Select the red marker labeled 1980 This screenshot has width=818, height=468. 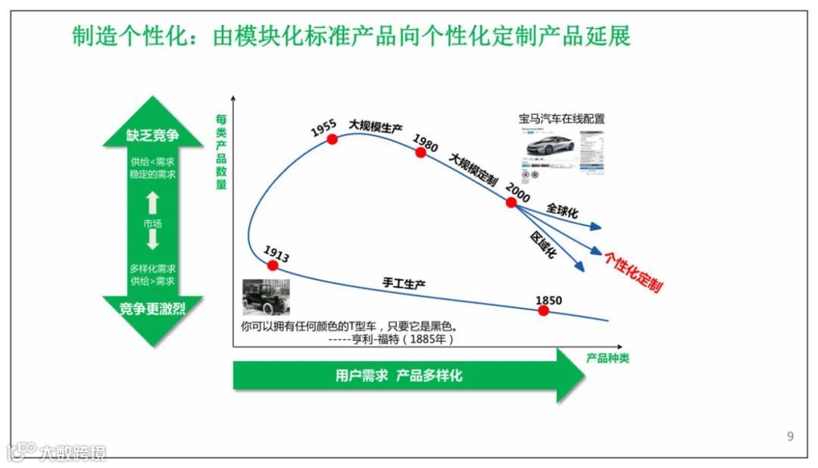[420, 152]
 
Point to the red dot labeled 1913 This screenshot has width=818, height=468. [272, 264]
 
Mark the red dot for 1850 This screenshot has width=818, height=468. [543, 310]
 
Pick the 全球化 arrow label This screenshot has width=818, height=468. [562, 211]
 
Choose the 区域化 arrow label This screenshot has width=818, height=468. [543, 244]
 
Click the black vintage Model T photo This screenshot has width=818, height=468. [265, 297]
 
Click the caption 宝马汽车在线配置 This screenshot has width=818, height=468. [561, 119]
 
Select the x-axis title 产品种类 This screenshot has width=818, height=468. [607, 358]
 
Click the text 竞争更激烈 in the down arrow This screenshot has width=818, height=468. [153, 307]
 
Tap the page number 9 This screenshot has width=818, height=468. [791, 436]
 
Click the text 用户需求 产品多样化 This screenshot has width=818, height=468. [398, 376]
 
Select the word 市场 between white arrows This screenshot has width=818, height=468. [152, 223]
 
